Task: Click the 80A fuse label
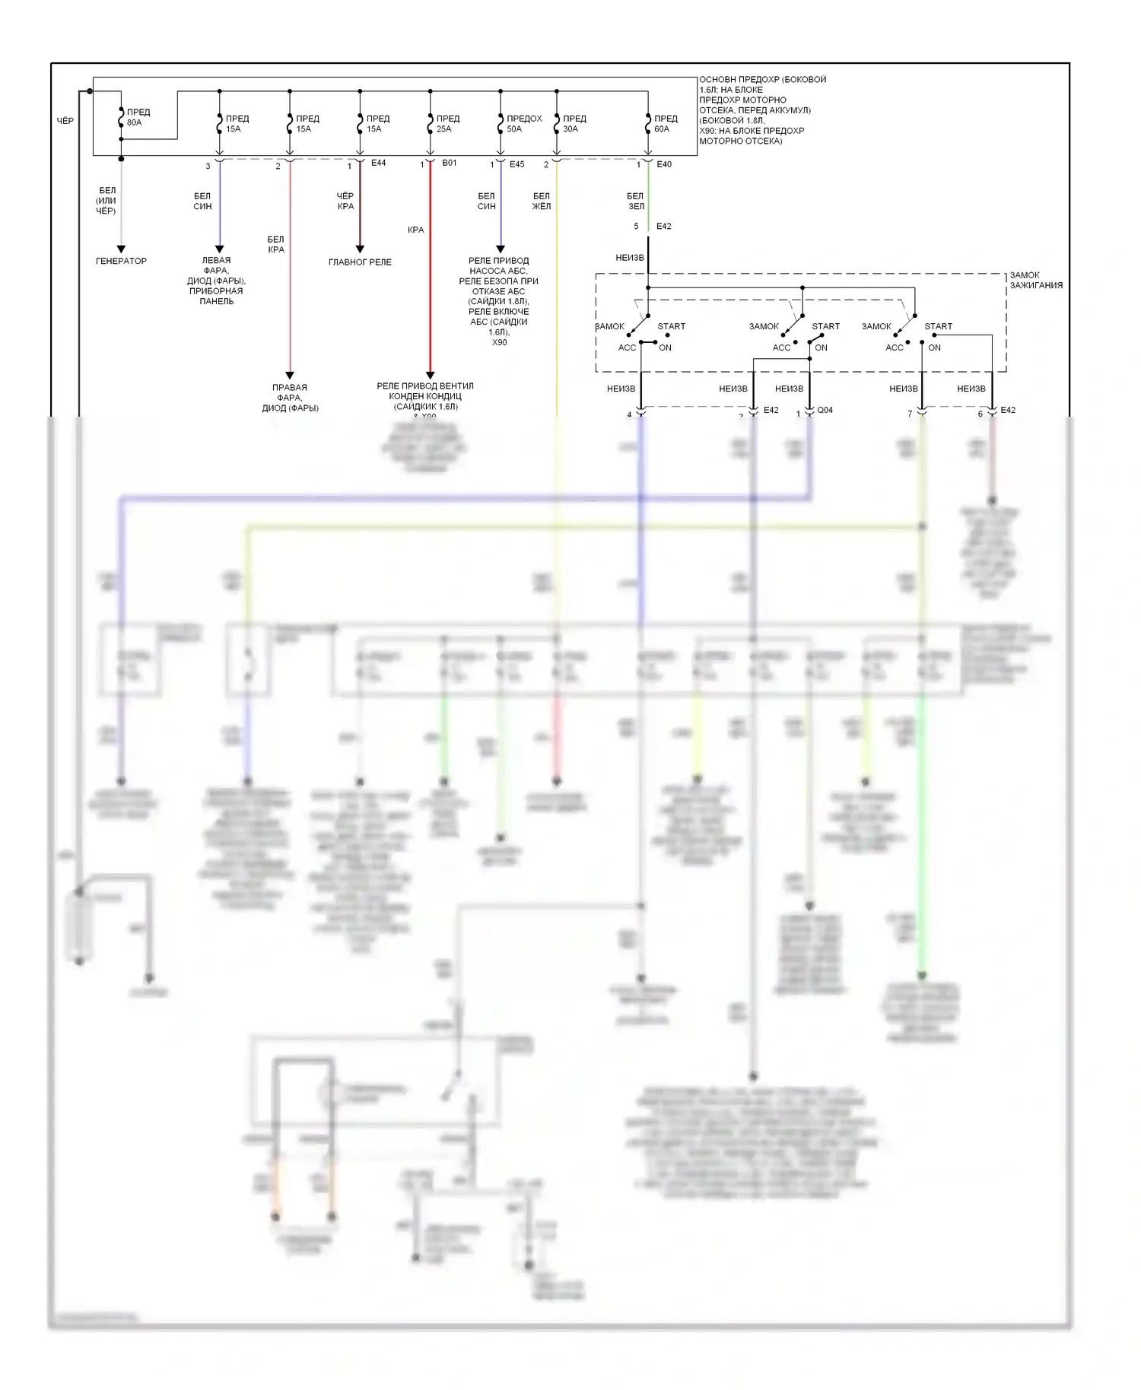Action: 138,117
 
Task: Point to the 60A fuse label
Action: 665,123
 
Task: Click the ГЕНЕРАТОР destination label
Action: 121,261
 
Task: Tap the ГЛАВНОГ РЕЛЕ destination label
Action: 360,262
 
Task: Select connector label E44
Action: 378,163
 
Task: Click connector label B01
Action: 449,163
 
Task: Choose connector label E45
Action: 516,164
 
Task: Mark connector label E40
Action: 664,164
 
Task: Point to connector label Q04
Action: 825,410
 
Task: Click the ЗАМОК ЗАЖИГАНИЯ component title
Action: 1035,280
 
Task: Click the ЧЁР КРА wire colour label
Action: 345,201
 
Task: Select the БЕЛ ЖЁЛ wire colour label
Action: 541,201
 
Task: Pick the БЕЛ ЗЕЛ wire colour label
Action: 635,201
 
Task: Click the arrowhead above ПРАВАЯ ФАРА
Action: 290,375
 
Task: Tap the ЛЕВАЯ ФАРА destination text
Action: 216,281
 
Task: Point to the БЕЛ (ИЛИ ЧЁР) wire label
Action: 106,200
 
